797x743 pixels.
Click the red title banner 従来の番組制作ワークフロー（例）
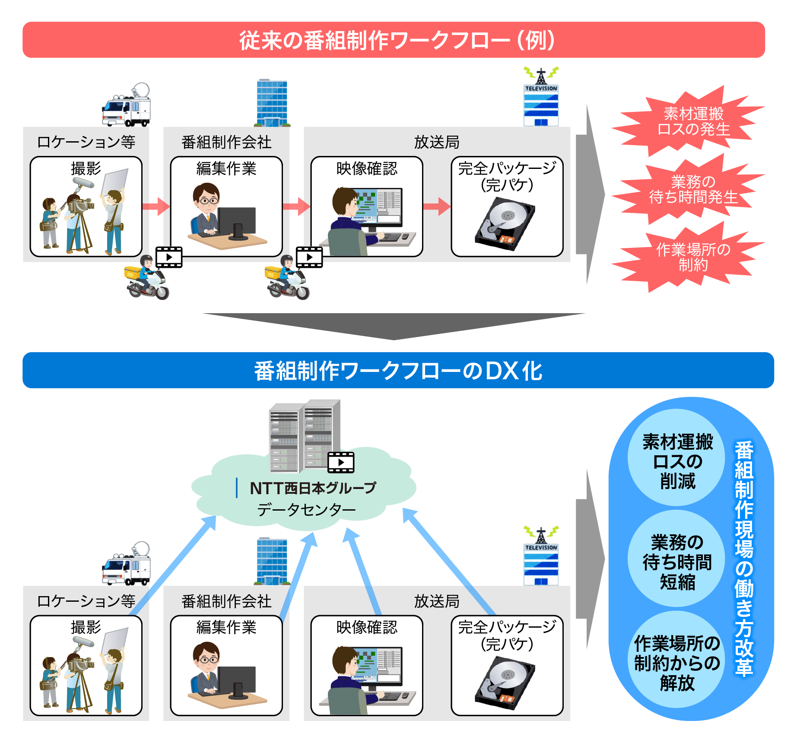(x=394, y=40)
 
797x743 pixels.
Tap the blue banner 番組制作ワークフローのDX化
(x=398, y=371)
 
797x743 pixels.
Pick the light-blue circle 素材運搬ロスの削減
(x=677, y=461)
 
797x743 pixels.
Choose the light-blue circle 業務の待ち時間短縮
(x=677, y=562)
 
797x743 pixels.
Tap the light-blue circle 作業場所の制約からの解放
(x=677, y=663)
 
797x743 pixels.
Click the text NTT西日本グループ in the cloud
(x=313, y=488)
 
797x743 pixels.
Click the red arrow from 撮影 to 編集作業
(x=156, y=206)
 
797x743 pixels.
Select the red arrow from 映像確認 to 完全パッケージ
(x=437, y=206)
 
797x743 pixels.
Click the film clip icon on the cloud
(x=341, y=462)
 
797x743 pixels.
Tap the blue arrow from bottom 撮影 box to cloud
(x=173, y=566)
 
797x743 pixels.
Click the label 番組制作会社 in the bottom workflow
(x=226, y=601)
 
